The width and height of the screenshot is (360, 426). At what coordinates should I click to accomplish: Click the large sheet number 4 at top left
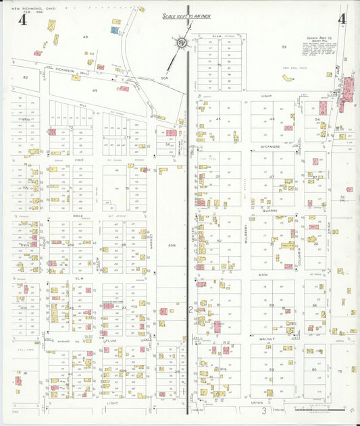tap(23, 20)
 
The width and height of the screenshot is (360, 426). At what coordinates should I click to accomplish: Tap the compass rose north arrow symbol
tap(181, 44)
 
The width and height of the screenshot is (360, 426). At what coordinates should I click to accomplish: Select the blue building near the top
tap(115, 30)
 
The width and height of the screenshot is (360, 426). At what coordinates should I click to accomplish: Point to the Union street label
tap(257, 402)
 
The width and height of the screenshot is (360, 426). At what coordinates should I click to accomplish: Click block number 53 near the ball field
tap(284, 47)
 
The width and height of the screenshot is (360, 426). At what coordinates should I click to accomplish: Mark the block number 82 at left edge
tap(26, 78)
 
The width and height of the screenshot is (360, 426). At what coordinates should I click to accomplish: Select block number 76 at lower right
tap(340, 371)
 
